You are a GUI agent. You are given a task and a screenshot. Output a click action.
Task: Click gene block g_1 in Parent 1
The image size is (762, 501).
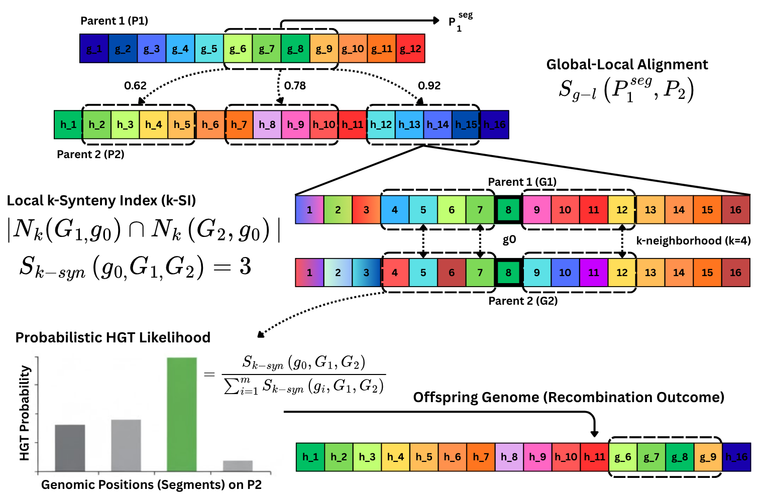(94, 49)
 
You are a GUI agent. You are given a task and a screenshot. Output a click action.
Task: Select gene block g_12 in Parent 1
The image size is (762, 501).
(410, 49)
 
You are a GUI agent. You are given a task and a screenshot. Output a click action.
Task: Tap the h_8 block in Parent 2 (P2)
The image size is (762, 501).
(267, 124)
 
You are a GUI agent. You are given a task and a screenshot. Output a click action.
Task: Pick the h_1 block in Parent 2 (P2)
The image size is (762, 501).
(68, 124)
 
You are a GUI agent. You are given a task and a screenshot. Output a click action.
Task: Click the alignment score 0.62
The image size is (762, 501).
(135, 86)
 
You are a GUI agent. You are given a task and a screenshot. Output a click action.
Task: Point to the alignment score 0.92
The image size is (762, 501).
(429, 86)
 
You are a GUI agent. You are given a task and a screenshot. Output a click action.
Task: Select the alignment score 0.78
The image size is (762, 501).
(295, 86)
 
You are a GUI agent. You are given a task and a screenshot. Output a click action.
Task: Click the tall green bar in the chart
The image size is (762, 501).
(181, 414)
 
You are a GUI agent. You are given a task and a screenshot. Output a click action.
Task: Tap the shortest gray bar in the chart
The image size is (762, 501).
(238, 466)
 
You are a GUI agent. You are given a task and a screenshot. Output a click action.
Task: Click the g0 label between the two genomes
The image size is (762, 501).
(509, 240)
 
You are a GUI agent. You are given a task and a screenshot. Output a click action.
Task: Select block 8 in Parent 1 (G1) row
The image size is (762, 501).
(508, 210)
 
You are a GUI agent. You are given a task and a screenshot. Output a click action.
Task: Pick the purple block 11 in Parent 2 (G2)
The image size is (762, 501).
(594, 273)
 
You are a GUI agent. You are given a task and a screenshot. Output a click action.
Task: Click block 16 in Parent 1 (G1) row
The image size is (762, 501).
(735, 210)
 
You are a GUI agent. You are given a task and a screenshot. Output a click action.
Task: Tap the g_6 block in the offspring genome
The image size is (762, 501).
(623, 457)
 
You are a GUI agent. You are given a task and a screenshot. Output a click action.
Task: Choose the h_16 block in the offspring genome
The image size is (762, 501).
(736, 457)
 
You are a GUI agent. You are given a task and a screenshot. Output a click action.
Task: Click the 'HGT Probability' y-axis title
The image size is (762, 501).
(25, 413)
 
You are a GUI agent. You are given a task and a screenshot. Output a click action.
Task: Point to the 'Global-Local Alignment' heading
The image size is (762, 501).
(627, 65)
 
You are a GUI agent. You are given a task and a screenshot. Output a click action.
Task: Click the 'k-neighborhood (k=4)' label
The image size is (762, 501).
(693, 241)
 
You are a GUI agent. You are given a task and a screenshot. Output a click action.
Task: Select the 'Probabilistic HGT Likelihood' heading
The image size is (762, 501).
(113, 337)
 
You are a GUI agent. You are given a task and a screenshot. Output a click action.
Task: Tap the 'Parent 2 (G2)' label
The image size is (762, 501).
(523, 301)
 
